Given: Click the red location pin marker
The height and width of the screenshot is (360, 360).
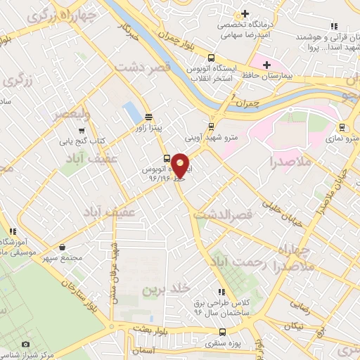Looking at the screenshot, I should [180, 166].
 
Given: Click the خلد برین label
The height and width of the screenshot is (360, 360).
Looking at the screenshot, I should [167, 288].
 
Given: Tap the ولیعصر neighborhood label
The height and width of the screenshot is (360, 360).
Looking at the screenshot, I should [68, 113].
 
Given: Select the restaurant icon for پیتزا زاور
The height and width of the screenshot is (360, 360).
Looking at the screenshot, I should [148, 117].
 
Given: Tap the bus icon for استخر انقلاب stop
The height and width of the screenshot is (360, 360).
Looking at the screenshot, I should [210, 58].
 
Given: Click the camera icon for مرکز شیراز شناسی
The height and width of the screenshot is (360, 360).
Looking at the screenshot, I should [26, 345].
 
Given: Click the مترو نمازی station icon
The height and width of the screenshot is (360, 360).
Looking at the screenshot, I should [342, 127].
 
